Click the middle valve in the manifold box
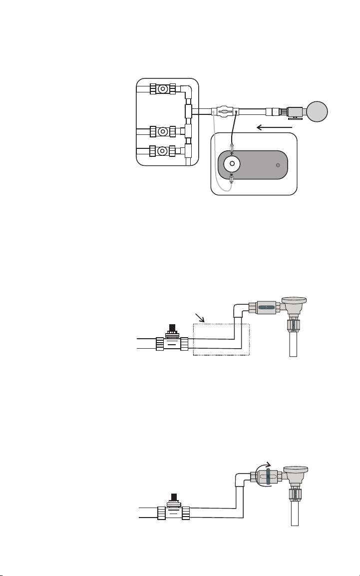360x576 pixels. (x=162, y=132)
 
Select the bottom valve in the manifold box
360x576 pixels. (x=162, y=150)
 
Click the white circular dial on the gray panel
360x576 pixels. (x=232, y=164)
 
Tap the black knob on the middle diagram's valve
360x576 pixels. (x=172, y=327)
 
